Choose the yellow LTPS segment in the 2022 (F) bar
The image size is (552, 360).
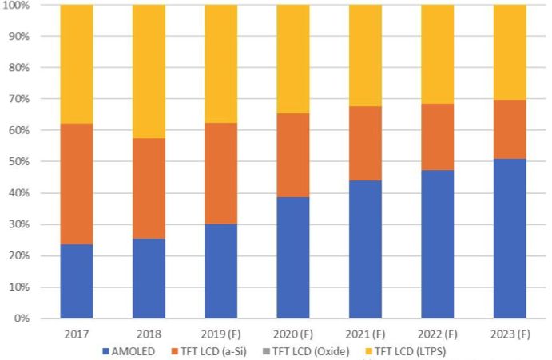437,54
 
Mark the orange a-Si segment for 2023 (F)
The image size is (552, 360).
510,129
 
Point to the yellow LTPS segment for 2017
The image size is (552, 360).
77,64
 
